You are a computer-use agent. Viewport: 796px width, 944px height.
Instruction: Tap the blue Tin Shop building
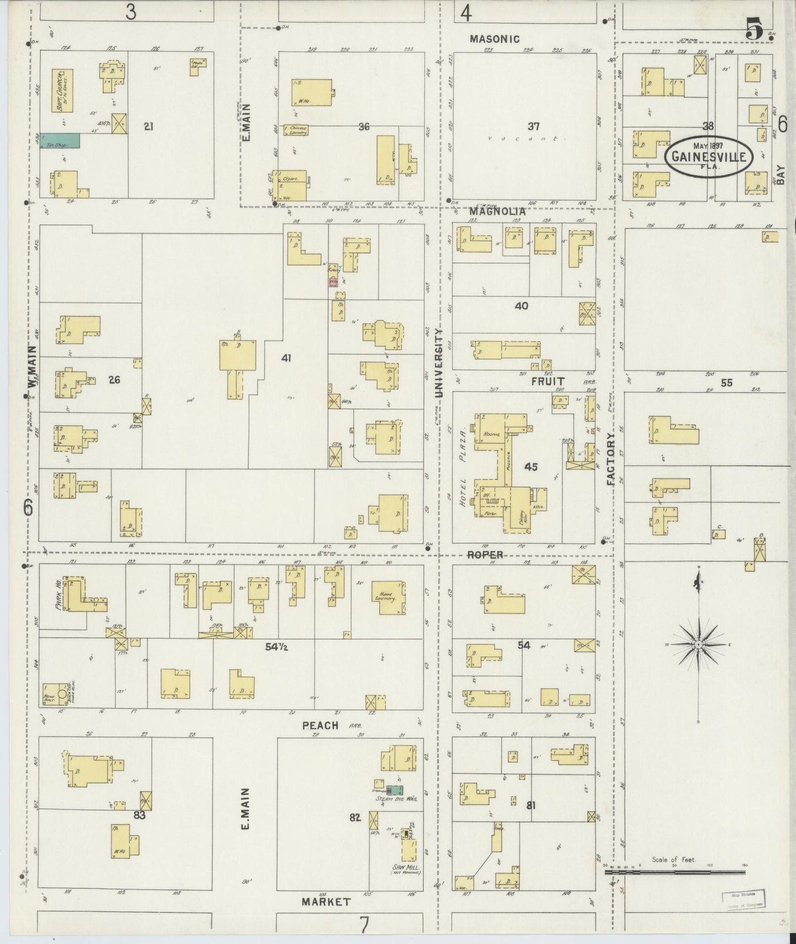pos(59,140)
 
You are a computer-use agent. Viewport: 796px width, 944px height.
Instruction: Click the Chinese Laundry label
pos(296,130)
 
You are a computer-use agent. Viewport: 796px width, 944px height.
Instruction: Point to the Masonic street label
pos(495,39)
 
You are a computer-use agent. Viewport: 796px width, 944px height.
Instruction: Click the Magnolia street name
pos(496,210)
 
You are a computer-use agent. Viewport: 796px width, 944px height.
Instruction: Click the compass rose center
pos(698,644)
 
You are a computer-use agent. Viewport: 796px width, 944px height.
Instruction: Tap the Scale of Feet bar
pos(675,872)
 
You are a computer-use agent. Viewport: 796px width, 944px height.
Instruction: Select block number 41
pos(286,358)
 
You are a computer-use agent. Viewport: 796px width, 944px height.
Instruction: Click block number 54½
pos(278,647)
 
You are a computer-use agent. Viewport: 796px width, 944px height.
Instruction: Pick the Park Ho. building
pos(77,594)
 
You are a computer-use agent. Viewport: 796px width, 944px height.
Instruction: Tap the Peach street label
pos(320,725)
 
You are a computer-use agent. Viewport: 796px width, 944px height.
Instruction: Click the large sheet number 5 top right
pos(754,29)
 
